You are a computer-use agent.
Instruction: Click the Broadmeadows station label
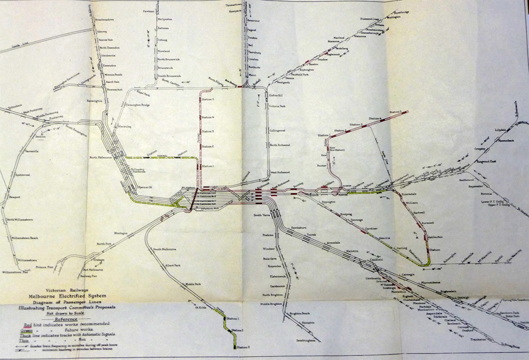104,20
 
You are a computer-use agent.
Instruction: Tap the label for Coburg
163,40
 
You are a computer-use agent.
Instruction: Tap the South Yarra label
260,216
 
